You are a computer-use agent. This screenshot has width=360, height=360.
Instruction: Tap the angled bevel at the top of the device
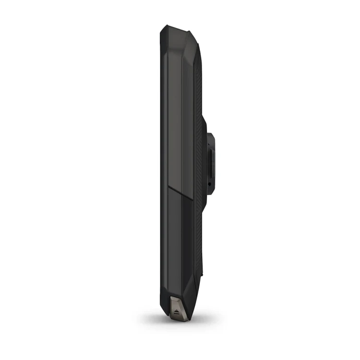(190, 38)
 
